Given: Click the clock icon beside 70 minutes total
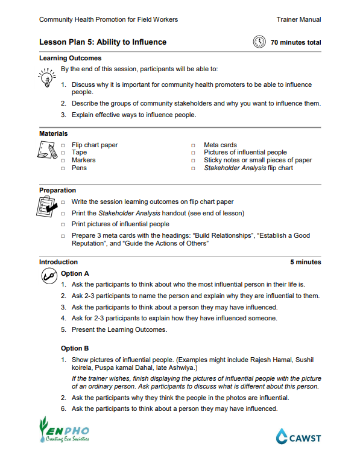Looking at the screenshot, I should [259, 42].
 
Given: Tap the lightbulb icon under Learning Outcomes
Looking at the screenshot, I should [46, 78].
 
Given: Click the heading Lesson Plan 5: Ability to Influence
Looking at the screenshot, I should [103, 42].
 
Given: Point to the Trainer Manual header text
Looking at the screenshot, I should [298, 19].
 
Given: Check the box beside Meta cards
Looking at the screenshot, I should [194, 145].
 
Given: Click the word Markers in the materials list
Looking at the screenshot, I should [83, 160].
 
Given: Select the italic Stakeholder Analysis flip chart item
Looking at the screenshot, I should [248, 168].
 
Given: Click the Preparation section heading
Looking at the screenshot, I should [57, 190].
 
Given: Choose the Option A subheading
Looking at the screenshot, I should [75, 273].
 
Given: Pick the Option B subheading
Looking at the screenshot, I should [75, 348].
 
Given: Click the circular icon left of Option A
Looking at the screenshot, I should [48, 275].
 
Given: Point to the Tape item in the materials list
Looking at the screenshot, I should [79, 153].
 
